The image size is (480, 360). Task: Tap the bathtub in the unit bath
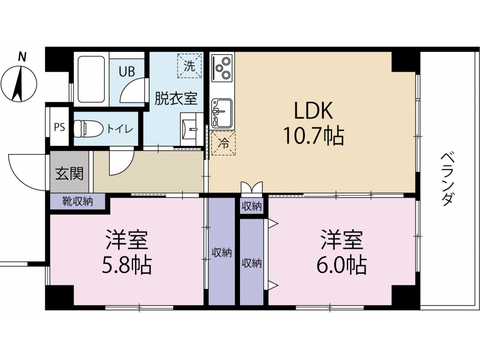[91, 79]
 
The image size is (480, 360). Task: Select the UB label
[127, 72]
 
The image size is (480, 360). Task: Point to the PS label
[60, 127]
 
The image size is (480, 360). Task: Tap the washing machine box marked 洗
[189, 66]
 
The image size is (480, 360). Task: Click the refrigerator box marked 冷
[224, 143]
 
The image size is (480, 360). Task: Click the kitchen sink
[222, 113]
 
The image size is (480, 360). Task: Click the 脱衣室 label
[176, 98]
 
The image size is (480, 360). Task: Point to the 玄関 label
[69, 174]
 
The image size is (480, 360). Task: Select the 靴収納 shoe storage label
[77, 202]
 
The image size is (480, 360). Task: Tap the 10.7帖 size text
[314, 135]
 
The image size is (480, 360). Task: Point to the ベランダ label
[447, 180]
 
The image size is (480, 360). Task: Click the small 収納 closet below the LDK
[252, 207]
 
